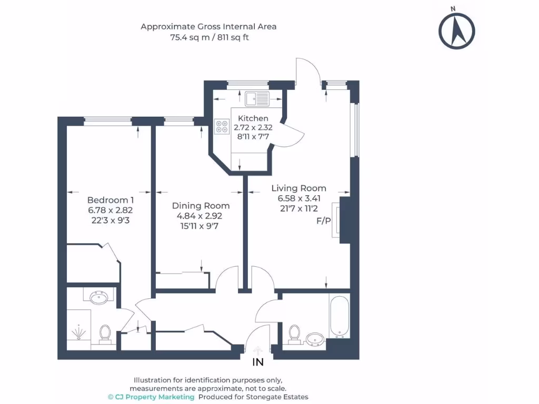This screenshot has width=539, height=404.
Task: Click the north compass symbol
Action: [456, 30]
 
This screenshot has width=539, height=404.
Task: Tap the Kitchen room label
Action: [253, 118]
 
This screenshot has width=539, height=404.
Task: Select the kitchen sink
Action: [257, 99]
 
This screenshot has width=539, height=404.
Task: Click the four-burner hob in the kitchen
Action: [222, 126]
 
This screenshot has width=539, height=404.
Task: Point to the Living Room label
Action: [299, 188]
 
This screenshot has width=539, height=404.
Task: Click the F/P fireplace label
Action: [324, 221]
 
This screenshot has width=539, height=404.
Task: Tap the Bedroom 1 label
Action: [111, 200]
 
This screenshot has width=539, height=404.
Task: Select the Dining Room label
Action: [201, 206]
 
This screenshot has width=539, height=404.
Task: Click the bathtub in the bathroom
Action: [340, 316]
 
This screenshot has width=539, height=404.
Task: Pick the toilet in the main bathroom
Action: [294, 334]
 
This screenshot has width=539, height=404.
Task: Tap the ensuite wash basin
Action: [99, 297]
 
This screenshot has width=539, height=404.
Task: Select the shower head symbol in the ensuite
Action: [79, 332]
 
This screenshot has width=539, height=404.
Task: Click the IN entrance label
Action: [258, 362]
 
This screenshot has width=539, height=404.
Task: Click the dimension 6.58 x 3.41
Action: [299, 198]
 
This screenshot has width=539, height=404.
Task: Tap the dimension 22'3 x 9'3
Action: [111, 220]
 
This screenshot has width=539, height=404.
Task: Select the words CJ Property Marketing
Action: [155, 397]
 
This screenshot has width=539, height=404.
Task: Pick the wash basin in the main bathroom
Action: [315, 339]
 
